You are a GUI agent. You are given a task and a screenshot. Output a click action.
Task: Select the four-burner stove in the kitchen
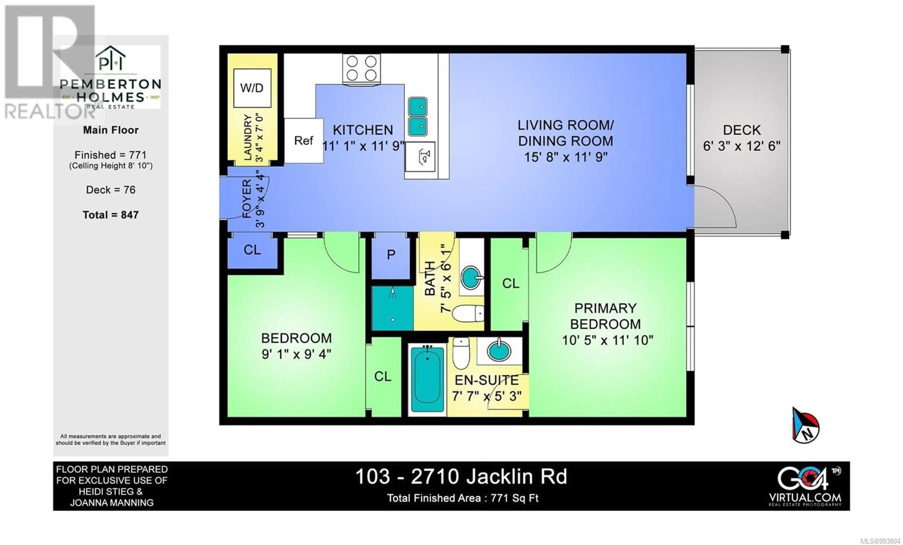(361, 68)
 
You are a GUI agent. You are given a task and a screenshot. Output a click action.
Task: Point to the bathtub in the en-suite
(427, 380)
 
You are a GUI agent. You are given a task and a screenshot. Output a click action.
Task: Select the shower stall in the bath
(392, 308)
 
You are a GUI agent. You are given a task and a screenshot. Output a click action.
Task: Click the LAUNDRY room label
(248, 137)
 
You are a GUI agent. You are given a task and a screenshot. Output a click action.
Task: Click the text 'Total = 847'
(111, 215)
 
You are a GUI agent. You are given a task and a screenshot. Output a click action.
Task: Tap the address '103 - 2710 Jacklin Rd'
(461, 477)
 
